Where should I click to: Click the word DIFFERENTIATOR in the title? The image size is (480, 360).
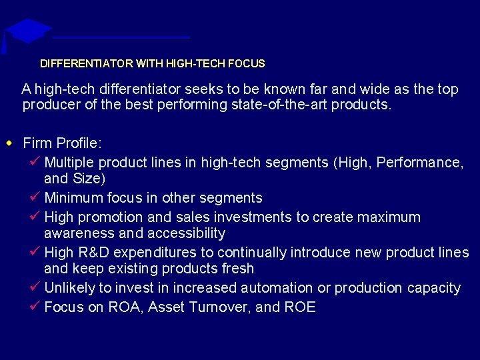click(x=86, y=64)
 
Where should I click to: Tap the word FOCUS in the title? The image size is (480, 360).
click(x=246, y=64)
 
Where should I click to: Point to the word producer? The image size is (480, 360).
click(x=48, y=105)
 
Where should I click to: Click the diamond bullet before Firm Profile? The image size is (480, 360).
click(x=9, y=143)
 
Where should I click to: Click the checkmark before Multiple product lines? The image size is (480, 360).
click(x=37, y=162)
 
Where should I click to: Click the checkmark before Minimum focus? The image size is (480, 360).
click(x=37, y=197)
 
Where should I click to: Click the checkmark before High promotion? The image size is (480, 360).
click(x=37, y=217)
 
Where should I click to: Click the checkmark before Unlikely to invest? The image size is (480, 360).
click(x=37, y=287)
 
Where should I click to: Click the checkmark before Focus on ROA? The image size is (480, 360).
click(x=37, y=307)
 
